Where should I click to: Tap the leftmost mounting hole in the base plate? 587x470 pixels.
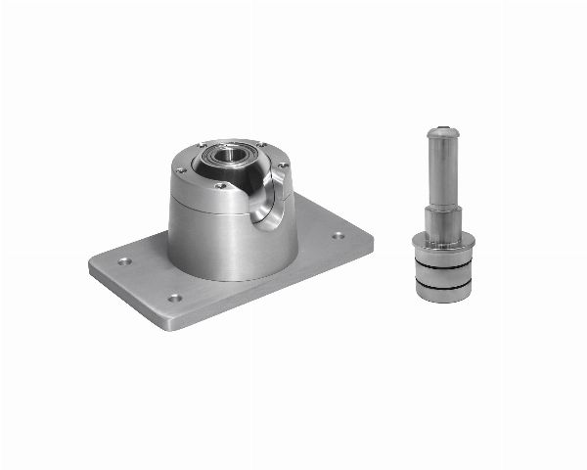[x=124, y=261]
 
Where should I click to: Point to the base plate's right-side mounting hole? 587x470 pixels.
[x=338, y=235]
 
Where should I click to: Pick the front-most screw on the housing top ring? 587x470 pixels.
[x=222, y=185]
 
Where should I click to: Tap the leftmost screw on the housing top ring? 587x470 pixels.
[x=178, y=171]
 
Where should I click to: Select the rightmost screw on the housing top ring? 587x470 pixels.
[x=282, y=166]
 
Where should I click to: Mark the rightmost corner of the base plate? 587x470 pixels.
[x=373, y=238]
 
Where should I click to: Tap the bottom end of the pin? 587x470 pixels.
[x=445, y=297]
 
